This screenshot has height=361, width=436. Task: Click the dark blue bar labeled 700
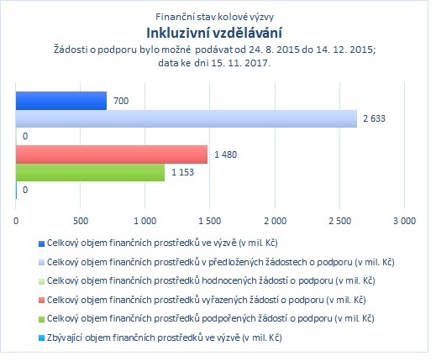pos(61,101)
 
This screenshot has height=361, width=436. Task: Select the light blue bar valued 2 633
pos(186,118)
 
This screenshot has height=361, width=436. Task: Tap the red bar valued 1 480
pos(112,154)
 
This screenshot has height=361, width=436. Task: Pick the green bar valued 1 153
pos(90,172)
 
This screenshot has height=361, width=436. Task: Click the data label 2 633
pos(374,118)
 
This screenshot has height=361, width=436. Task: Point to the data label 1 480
pos(226,154)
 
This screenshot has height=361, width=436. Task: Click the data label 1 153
pos(182,172)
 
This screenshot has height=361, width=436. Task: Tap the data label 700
pos(121,101)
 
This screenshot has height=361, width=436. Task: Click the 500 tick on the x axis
pos(81,221)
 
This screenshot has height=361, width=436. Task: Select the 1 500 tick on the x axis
pos(210,221)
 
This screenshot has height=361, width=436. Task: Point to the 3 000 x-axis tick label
pos(404,221)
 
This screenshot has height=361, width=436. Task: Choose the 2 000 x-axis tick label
pos(275,221)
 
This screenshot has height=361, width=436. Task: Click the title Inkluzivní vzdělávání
pos(214,33)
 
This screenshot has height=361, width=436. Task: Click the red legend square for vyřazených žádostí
pos(41,301)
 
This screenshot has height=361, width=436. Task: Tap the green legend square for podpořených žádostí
pos(41,319)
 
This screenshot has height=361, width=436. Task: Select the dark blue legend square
pos(41,243)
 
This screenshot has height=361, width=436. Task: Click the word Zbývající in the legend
pos(65,337)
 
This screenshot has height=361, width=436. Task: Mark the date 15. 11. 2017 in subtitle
pos(240,63)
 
